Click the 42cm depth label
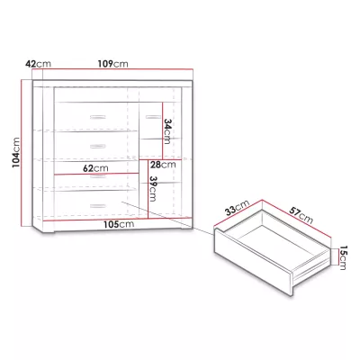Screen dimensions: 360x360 tap(38, 64)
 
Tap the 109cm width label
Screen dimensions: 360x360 tap(112, 64)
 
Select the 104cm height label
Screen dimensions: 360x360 tap(16, 152)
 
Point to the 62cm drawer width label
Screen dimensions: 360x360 tap(95, 168)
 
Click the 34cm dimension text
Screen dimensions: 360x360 tap(167, 131)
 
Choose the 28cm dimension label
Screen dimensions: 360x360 tap(163, 165)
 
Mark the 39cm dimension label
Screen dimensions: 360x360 tap(153, 189)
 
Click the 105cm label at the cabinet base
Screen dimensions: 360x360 tap(119, 224)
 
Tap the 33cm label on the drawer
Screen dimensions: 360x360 tap(238, 208)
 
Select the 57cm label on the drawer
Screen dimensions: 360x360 tap(301, 215)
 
